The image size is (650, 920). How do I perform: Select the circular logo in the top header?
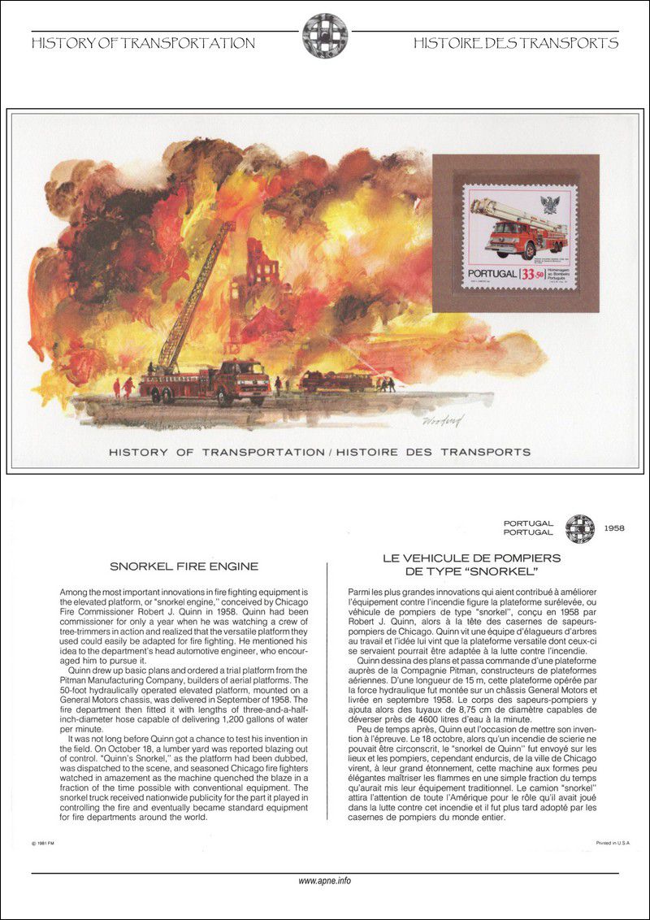pyautogui.click(x=324, y=35)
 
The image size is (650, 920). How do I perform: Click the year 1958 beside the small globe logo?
pyautogui.click(x=614, y=528)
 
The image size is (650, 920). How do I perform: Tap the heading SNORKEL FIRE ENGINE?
pyautogui.click(x=184, y=566)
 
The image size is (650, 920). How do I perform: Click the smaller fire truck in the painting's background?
pyautogui.click(x=333, y=380)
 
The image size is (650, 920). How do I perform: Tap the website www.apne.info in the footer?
pyautogui.click(x=324, y=880)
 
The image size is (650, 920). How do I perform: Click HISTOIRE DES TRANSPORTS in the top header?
pyautogui.click(x=515, y=43)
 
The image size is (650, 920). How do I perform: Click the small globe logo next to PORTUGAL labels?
pyautogui.click(x=579, y=528)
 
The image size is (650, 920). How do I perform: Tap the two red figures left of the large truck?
pyautogui.click(x=122, y=386)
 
